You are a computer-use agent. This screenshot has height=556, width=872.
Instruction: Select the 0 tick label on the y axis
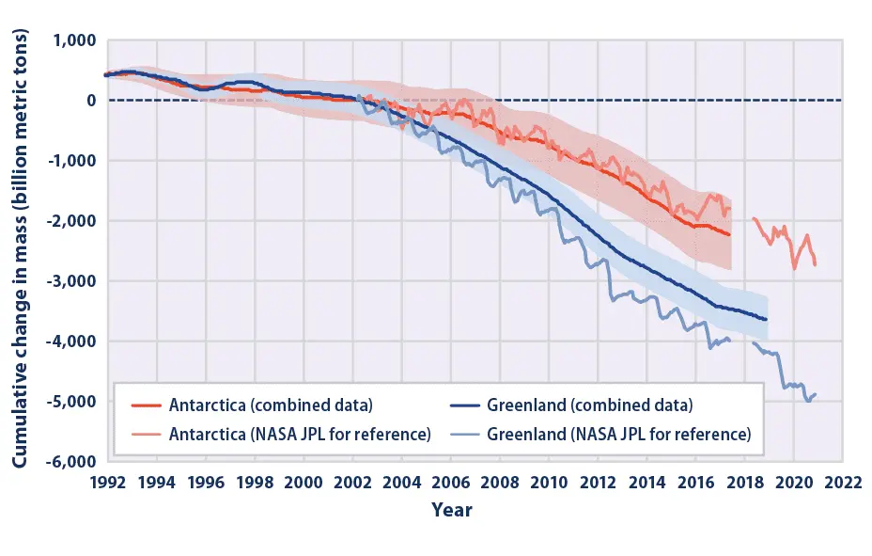91,101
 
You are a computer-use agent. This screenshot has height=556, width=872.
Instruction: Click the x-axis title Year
451,511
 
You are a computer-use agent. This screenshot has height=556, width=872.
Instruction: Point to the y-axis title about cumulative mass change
20,249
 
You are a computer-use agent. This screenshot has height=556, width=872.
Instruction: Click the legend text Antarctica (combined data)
272,406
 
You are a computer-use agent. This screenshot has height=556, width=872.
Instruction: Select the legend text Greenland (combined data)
589,406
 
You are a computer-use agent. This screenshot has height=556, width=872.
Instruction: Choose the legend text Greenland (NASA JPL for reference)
618,434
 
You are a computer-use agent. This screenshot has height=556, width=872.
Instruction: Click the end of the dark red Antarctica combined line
730,234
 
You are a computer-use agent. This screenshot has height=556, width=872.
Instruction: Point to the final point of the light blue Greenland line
816,394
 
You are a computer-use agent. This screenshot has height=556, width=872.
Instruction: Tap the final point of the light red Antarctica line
816,264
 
